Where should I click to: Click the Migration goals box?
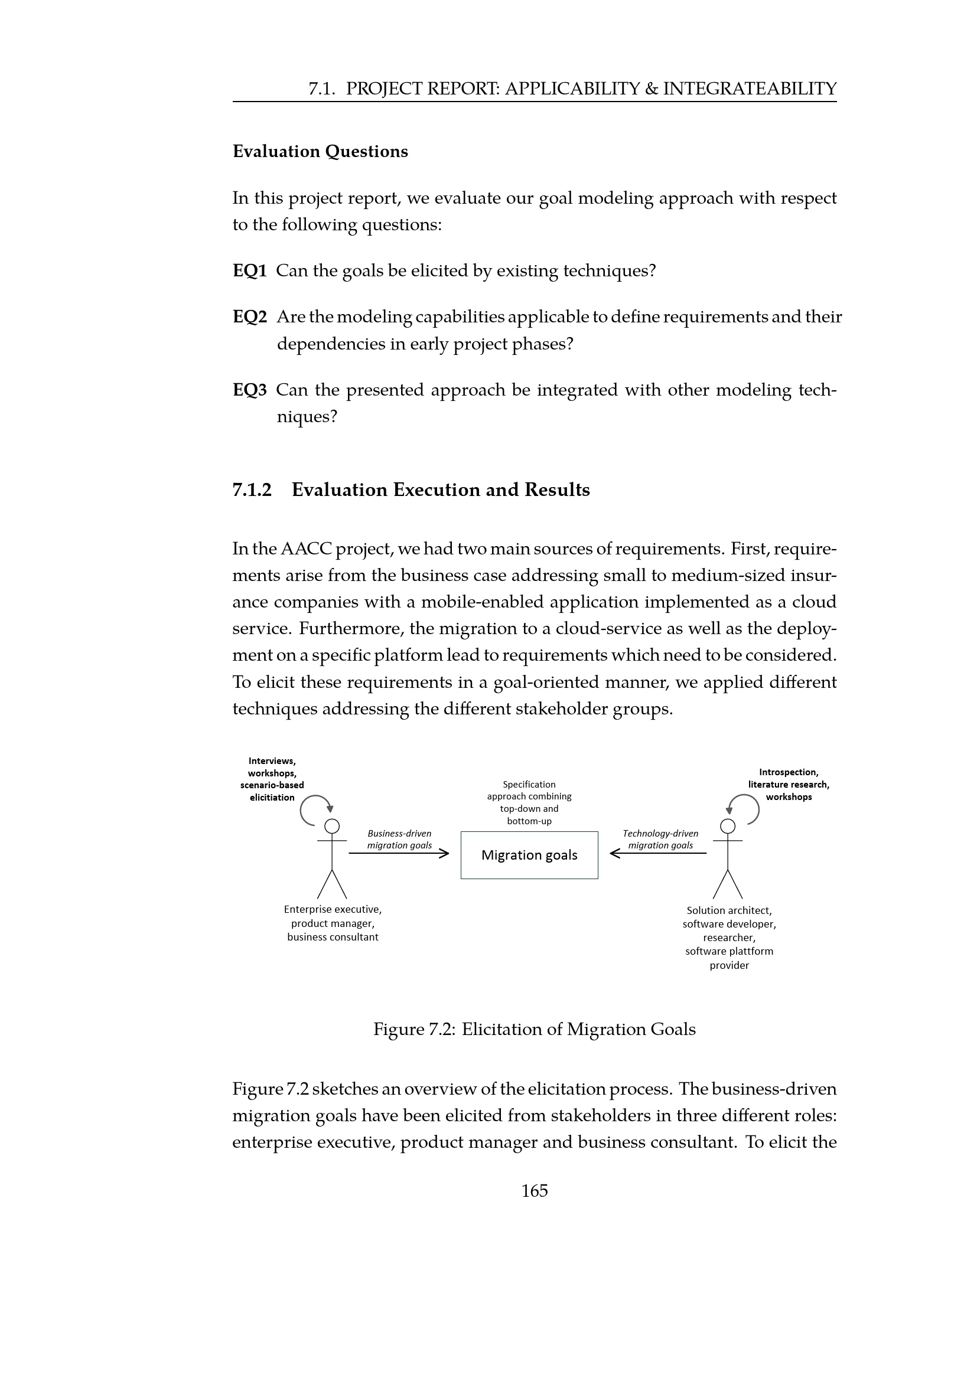tap(529, 855)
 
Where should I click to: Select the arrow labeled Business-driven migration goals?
tap(399, 853)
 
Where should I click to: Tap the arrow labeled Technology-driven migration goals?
tap(658, 853)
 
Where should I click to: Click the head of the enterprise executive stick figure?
tap(332, 826)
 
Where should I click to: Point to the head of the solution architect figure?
tap(728, 826)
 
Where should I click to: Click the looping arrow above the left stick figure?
tap(314, 809)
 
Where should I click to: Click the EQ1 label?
tap(250, 270)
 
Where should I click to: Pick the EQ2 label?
tap(250, 317)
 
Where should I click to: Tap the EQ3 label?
tap(250, 390)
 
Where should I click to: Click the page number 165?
tap(534, 1190)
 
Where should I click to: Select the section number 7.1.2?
tap(252, 489)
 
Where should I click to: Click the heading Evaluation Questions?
tap(320, 151)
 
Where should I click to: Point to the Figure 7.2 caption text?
tap(534, 1029)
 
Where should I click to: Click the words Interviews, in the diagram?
tap(272, 761)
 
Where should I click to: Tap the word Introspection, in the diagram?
tap(788, 772)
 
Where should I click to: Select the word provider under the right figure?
tap(729, 965)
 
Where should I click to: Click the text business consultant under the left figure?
tap(333, 937)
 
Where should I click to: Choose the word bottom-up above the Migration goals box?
tap(529, 821)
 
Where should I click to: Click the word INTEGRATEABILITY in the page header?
tap(750, 89)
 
